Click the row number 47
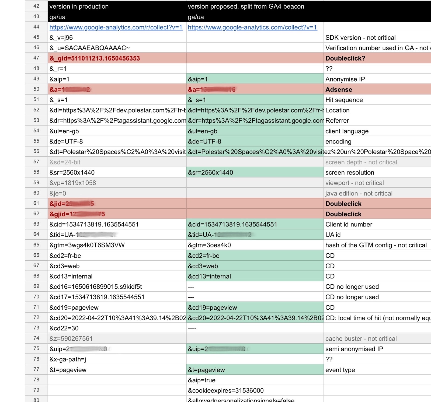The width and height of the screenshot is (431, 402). pyautogui.click(x=36, y=58)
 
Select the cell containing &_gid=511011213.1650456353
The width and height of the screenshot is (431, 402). pyautogui.click(x=95, y=58)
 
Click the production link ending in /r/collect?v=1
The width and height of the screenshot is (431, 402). pyautogui.click(x=116, y=27)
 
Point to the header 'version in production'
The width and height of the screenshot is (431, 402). pyautogui.click(x=79, y=6)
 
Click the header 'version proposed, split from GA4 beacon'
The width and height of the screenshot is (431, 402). pyautogui.click(x=246, y=6)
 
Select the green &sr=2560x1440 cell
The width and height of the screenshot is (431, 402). pyautogui.click(x=210, y=172)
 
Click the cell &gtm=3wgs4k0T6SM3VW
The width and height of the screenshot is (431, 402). pyautogui.click(x=87, y=245)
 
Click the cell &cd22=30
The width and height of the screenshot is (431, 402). pyautogui.click(x=64, y=328)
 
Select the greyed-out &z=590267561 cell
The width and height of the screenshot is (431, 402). pyautogui.click(x=71, y=338)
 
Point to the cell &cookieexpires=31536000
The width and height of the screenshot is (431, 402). pyautogui.click(x=226, y=390)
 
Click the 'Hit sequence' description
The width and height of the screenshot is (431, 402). pyautogui.click(x=344, y=100)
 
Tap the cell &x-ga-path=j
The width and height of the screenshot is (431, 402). pyautogui.click(x=68, y=359)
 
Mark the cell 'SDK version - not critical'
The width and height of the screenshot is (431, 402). pyautogui.click(x=360, y=38)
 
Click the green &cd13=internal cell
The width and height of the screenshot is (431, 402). pyautogui.click(x=209, y=276)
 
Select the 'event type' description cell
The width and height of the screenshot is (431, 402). pyautogui.click(x=340, y=370)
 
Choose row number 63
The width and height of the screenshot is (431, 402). pyautogui.click(x=36, y=224)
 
